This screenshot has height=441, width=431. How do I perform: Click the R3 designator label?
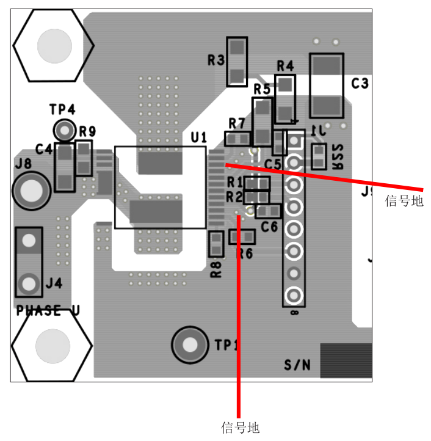215,60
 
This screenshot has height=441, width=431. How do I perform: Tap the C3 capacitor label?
360,84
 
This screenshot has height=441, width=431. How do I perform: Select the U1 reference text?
198,137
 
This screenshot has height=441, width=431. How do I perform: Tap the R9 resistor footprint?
83,159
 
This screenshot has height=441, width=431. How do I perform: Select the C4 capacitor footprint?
64,167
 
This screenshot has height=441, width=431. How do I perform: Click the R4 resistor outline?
285,99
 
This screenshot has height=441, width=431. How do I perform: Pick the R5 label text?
262,89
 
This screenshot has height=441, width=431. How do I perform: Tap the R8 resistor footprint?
215,244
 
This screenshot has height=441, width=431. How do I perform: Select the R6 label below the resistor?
244,254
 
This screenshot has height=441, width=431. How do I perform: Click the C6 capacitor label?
269,226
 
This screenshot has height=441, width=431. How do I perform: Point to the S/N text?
297,365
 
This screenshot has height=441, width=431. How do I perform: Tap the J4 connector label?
54,283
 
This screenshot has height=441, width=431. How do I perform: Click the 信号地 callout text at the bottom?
240,427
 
